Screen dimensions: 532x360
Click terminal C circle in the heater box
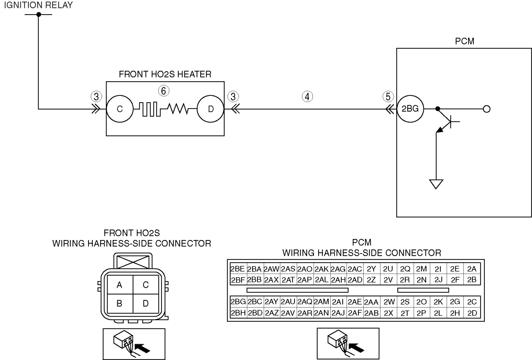tap(120, 109)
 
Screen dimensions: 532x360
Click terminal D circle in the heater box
tap(211, 109)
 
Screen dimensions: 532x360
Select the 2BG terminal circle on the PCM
tap(410, 109)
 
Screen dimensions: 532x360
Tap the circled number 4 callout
tap(307, 97)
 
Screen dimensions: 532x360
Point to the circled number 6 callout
tap(164, 91)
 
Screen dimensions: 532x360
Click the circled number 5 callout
tap(388, 97)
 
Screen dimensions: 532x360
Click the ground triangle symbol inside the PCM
tap(436, 184)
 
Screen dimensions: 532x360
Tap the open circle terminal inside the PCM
tap(486, 109)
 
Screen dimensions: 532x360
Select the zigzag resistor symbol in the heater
tap(178, 108)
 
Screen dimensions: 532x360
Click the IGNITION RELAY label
tap(38, 5)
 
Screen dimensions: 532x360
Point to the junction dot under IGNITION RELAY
tap(38, 14)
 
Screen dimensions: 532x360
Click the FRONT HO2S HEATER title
tap(165, 74)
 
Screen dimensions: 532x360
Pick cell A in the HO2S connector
tap(120, 285)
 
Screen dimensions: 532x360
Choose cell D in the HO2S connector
tap(146, 303)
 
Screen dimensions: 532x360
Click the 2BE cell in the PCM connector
tap(237, 269)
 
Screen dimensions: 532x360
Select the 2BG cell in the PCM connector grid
tap(238, 302)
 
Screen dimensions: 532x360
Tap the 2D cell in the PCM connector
tap(472, 313)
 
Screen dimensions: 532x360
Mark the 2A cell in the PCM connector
tap(472, 269)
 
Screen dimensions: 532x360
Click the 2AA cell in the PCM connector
tap(371, 302)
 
